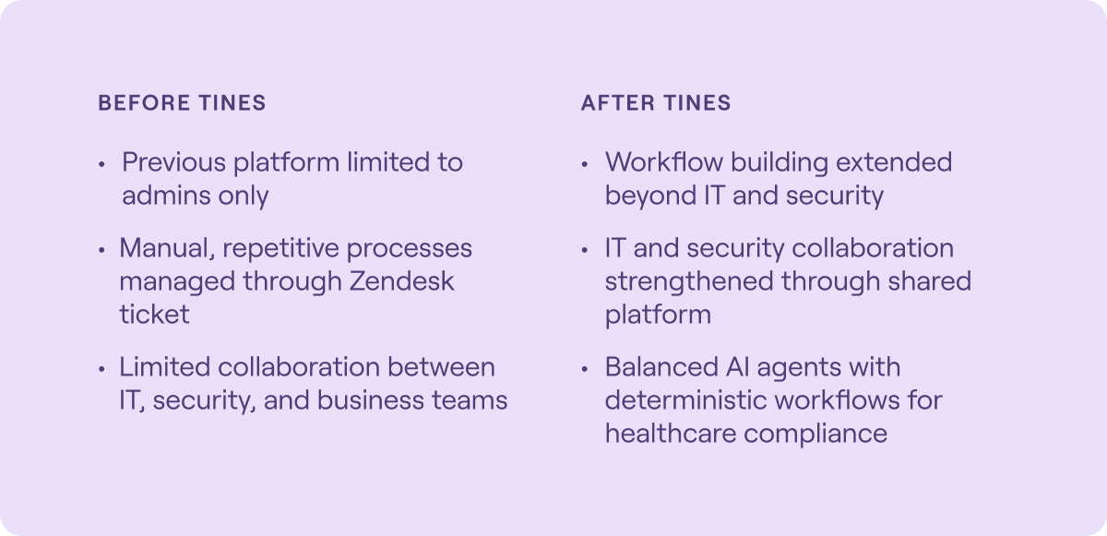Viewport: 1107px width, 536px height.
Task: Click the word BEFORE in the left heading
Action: tap(144, 102)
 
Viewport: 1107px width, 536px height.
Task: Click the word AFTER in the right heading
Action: tap(618, 102)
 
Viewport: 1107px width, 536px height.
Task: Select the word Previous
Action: tap(174, 162)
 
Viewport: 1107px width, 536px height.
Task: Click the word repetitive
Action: tap(281, 248)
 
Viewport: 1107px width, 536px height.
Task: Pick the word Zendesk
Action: tap(402, 281)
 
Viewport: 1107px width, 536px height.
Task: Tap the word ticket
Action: tap(154, 315)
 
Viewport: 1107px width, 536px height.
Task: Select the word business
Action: tap(371, 400)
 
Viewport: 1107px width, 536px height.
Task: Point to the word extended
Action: tap(894, 162)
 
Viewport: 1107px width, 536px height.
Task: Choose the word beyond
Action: tap(651, 197)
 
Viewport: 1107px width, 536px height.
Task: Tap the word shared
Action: tap(930, 281)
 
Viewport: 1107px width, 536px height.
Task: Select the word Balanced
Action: tap(661, 367)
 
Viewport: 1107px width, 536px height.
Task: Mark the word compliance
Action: tap(815, 435)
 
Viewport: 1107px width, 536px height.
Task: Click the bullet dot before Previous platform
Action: tap(101, 164)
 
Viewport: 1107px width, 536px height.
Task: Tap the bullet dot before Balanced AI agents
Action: tap(585, 369)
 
